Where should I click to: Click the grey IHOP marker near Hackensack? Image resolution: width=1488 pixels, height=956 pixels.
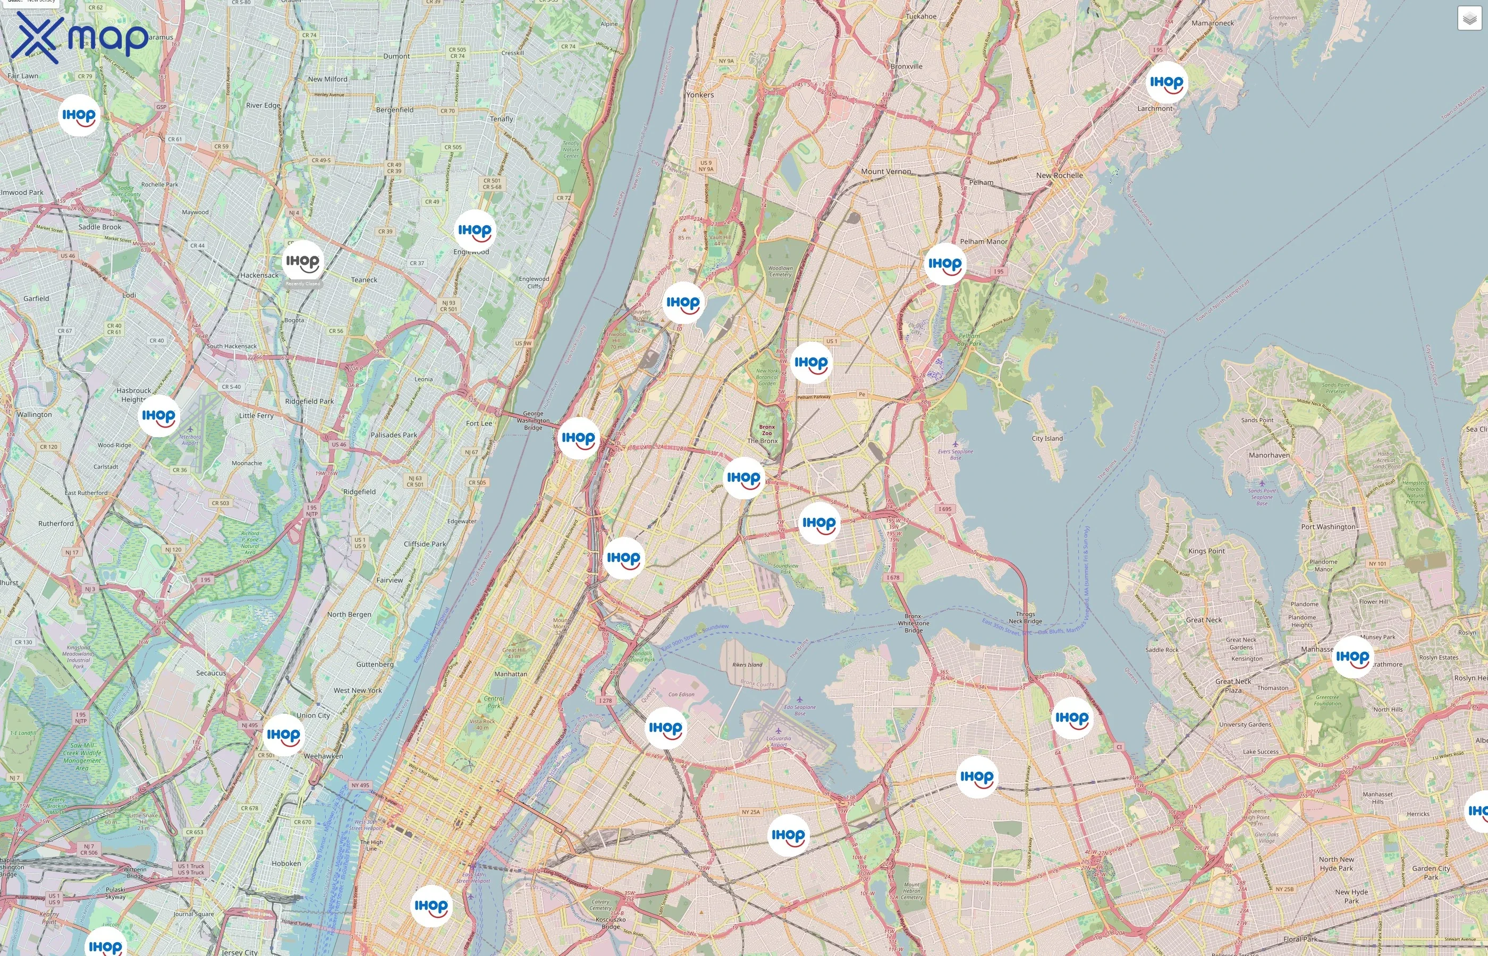tap(302, 262)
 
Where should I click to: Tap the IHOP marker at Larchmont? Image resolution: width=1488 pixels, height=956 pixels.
tap(1166, 82)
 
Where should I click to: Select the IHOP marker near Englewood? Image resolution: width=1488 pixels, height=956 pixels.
tap(475, 231)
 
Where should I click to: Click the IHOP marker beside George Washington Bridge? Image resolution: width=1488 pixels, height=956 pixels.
tap(578, 438)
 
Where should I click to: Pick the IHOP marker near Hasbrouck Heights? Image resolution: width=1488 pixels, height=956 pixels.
tap(158, 416)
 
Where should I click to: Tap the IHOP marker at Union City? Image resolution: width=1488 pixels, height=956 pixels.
tap(283, 735)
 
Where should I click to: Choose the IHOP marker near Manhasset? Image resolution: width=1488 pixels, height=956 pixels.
tap(1352, 657)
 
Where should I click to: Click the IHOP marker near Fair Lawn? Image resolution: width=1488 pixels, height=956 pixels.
tap(79, 115)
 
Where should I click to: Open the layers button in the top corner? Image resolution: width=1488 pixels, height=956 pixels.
tap(1469, 19)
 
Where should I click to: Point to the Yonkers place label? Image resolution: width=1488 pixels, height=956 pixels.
tap(700, 95)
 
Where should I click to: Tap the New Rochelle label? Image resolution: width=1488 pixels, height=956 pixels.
tap(1059, 175)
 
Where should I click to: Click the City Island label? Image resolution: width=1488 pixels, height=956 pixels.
tap(1047, 438)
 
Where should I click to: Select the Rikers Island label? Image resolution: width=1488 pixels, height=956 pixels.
tap(747, 665)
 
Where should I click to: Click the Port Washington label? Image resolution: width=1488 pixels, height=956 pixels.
tap(1328, 526)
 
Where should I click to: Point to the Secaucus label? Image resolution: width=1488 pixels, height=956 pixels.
tap(211, 673)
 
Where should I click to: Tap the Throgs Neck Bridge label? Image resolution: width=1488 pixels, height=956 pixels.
tap(1025, 617)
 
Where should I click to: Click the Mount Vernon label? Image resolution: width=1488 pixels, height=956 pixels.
tap(885, 172)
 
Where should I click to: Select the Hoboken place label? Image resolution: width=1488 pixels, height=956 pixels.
tap(286, 864)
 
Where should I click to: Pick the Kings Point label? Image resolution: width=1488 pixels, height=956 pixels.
tap(1206, 551)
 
